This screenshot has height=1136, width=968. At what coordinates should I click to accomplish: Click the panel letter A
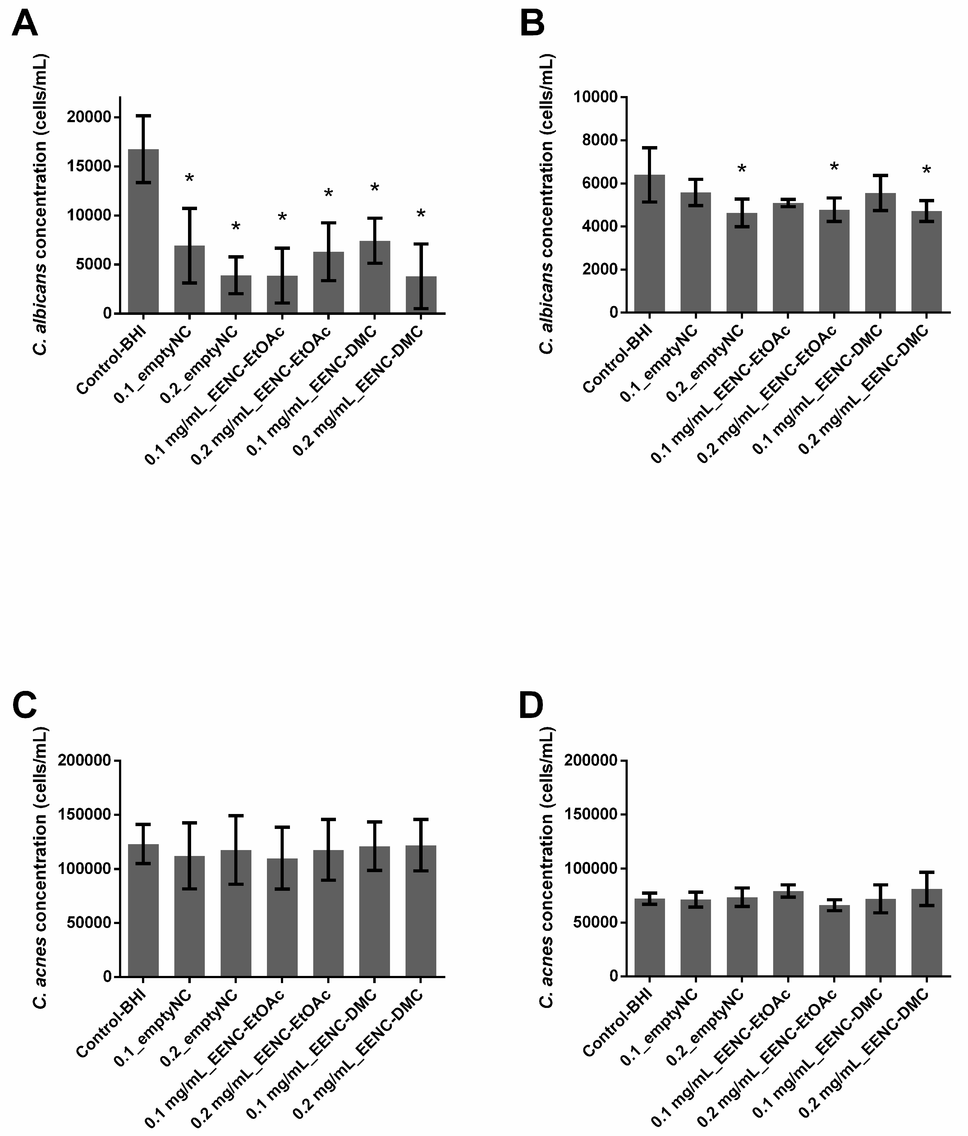point(25,24)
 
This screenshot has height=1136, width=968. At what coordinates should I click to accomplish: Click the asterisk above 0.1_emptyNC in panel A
point(189,178)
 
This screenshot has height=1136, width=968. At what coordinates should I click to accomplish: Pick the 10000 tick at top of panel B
point(595,97)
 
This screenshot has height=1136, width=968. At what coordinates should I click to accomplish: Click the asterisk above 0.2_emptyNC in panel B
point(742,169)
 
